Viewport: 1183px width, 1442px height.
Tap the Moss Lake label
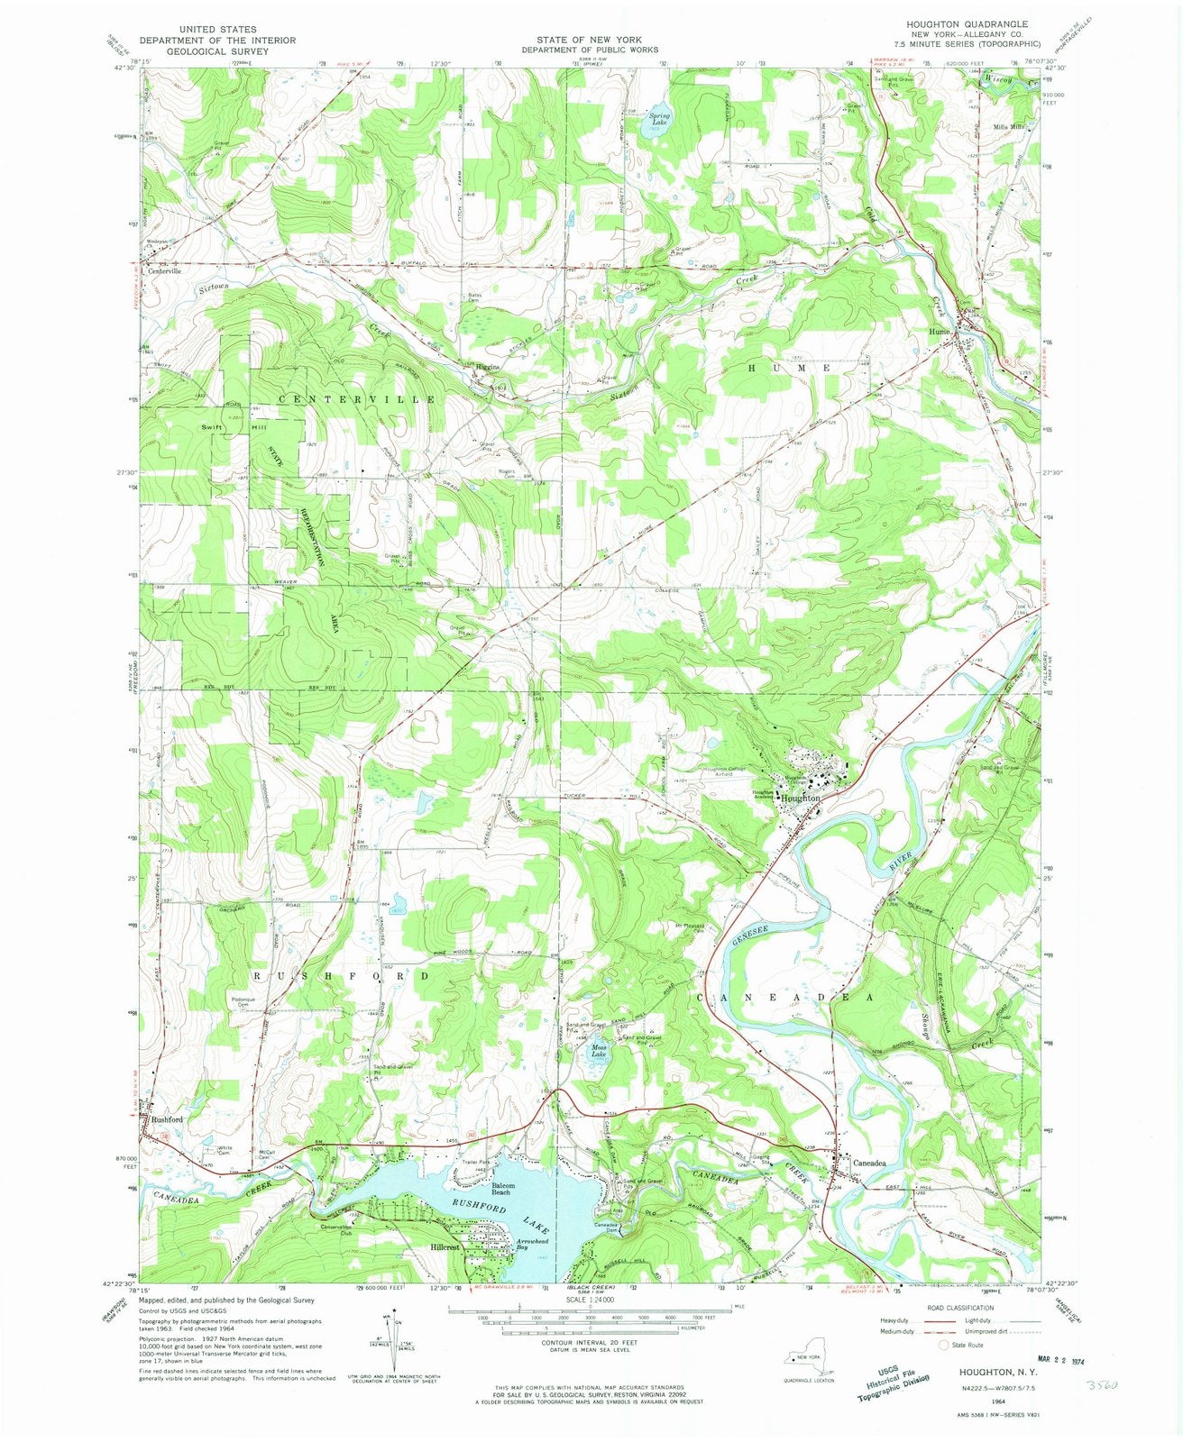click(599, 1050)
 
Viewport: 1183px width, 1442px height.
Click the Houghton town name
click(801, 799)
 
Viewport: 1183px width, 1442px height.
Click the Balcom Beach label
click(502, 1189)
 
